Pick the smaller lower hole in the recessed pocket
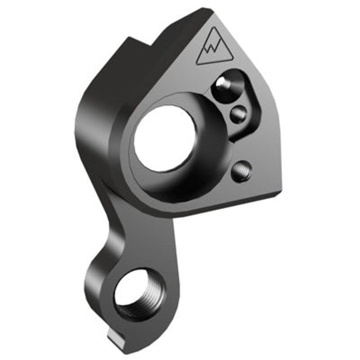click(239, 114)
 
